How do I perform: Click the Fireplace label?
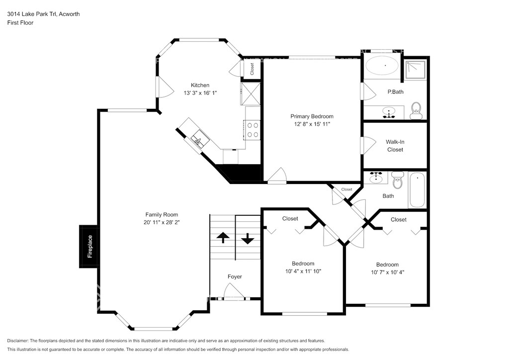tap(90, 247)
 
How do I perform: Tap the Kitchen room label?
tap(200, 85)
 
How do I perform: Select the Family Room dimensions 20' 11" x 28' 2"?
tap(162, 222)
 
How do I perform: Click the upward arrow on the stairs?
tap(223, 237)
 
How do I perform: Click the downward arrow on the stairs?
tap(248, 239)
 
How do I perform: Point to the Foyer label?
tap(235, 276)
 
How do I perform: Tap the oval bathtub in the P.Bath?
tap(382, 66)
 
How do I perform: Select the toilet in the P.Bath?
tap(416, 111)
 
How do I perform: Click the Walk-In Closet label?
tap(395, 146)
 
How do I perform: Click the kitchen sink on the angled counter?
tap(198, 140)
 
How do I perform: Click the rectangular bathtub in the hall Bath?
tap(417, 190)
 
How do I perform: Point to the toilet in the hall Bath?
tap(397, 180)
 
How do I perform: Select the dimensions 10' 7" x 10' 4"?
tap(388, 272)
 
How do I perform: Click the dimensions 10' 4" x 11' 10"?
tap(303, 271)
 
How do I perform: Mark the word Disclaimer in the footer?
tap(17, 341)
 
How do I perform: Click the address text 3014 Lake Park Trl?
tap(32, 14)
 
